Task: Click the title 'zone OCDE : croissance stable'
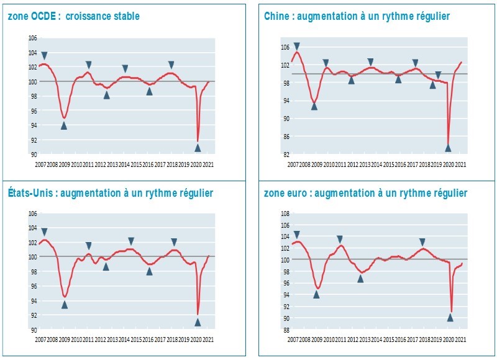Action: click(73, 16)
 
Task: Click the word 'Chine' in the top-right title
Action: click(276, 16)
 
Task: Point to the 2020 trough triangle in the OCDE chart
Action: click(198, 148)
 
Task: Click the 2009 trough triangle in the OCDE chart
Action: click(63, 125)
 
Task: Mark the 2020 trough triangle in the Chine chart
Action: click(448, 148)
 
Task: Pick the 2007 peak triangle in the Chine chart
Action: click(297, 46)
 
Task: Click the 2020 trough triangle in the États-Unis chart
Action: click(198, 322)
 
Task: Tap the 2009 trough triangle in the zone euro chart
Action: click(316, 294)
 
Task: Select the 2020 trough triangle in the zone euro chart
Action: click(450, 317)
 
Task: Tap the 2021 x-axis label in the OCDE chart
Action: click(208, 164)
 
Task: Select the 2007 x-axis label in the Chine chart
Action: click(293, 164)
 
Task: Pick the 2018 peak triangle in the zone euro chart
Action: click(422, 242)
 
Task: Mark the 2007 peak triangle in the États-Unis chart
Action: click(43, 232)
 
